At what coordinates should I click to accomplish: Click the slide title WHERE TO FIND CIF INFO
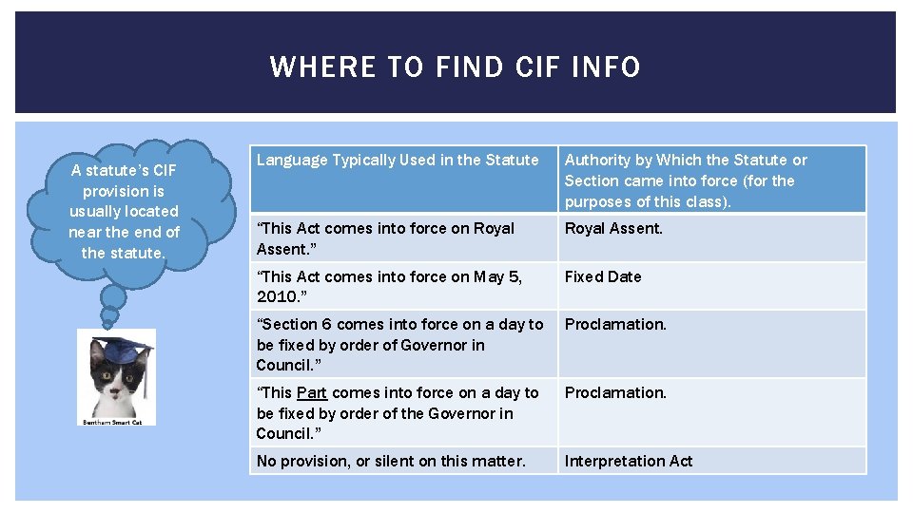[x=455, y=66]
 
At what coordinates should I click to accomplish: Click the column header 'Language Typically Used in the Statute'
[x=398, y=161]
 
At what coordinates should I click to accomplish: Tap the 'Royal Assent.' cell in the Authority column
[x=614, y=229]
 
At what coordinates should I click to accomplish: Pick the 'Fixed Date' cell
[x=603, y=277]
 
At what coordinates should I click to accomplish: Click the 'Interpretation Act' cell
[x=629, y=462]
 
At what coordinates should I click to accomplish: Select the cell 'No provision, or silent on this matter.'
[x=391, y=462]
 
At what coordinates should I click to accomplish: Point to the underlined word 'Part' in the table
[x=312, y=393]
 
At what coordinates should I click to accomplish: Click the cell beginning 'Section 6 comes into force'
[x=399, y=345]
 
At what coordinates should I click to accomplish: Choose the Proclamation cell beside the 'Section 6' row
[x=616, y=325]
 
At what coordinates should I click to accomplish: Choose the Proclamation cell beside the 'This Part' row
[x=616, y=393]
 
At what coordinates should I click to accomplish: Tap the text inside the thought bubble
[x=125, y=211]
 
